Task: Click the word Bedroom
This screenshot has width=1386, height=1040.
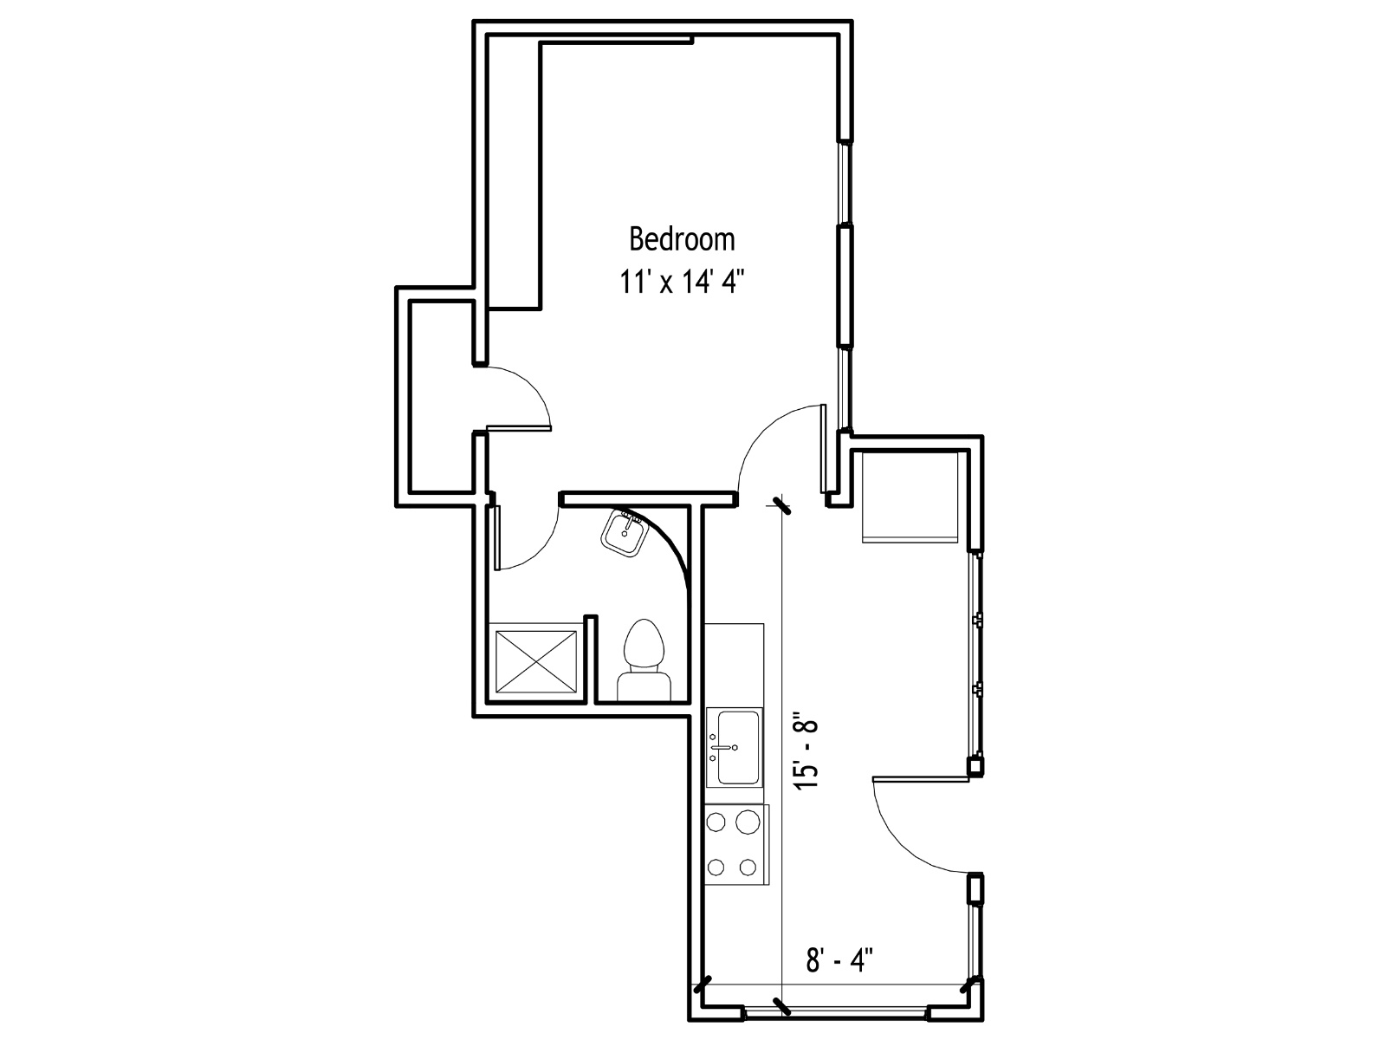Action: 682,239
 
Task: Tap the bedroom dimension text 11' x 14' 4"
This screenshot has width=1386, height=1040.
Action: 682,282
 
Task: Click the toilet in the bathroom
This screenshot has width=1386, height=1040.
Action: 644,660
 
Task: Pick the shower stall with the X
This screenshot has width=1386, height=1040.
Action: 535,662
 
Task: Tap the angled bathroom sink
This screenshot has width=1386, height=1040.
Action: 624,533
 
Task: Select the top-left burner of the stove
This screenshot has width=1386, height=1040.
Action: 716,822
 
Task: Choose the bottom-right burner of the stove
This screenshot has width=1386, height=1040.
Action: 748,867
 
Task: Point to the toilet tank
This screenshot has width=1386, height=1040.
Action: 644,686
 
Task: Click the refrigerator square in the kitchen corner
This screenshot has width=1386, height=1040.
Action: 910,497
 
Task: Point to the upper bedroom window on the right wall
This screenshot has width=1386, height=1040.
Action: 845,183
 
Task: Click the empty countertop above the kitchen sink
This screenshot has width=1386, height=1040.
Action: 734,665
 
